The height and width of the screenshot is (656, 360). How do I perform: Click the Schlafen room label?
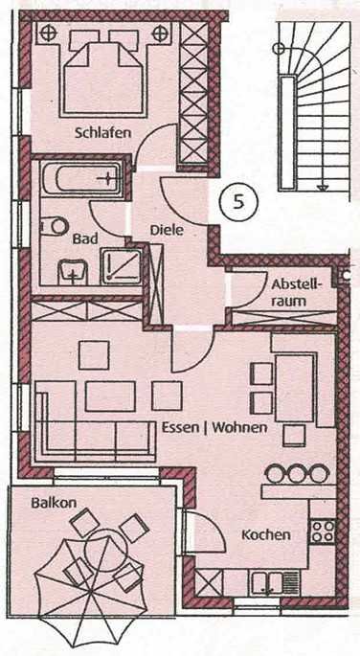click(x=102, y=133)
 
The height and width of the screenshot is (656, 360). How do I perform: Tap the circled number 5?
click(x=238, y=202)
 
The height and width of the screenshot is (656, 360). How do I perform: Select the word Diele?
click(x=167, y=230)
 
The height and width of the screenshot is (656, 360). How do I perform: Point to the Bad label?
click(x=85, y=238)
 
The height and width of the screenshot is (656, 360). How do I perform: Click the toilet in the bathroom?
click(x=55, y=226)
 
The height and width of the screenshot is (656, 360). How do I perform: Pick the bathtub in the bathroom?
click(x=82, y=179)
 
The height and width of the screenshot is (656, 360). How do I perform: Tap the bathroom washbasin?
click(x=73, y=271)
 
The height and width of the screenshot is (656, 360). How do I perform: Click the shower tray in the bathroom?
click(x=122, y=266)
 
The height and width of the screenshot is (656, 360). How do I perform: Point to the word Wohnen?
click(x=239, y=427)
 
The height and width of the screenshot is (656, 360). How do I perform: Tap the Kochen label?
click(x=266, y=534)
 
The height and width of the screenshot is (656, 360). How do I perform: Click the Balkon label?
click(x=54, y=503)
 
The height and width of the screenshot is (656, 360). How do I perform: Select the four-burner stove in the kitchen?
click(x=323, y=531)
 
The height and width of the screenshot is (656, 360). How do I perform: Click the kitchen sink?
click(x=266, y=582)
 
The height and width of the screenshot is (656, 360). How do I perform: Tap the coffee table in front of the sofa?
click(x=110, y=396)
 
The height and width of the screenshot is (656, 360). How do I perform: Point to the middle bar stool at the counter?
click(x=297, y=473)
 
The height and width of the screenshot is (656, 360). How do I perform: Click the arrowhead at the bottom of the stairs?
click(x=322, y=189)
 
